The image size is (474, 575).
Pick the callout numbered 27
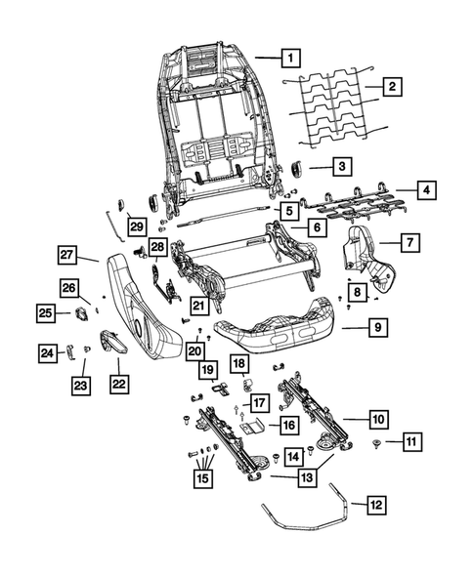[x=65, y=257]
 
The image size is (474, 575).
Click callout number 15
[x=202, y=477]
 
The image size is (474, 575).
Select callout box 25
[x=46, y=313]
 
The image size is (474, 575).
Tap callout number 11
[x=411, y=443]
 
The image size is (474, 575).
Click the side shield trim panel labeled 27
[x=147, y=303]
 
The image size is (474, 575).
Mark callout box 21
[x=198, y=307]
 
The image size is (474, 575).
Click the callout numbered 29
[x=136, y=226]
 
